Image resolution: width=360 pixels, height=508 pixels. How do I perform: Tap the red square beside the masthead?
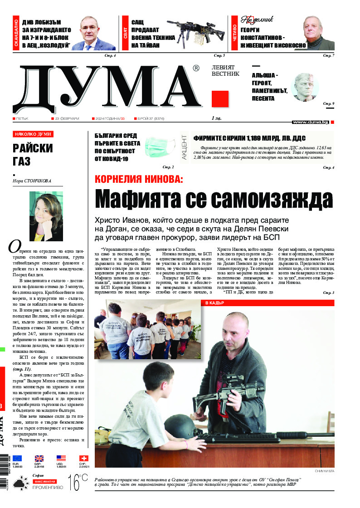[x=220, y=98]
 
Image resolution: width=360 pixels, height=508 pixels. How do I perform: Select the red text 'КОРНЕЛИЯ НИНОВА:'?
[x=139, y=179]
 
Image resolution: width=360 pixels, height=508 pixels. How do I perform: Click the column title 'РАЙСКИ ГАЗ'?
[x=33, y=155]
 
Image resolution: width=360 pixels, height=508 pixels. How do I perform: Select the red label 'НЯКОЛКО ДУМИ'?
[x=33, y=134]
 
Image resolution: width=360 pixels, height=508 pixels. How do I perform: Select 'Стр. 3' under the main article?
[x=328, y=293]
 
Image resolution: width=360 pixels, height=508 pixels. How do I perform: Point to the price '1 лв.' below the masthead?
[x=216, y=118]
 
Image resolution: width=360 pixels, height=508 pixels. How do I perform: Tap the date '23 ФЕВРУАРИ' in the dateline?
[x=67, y=118]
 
